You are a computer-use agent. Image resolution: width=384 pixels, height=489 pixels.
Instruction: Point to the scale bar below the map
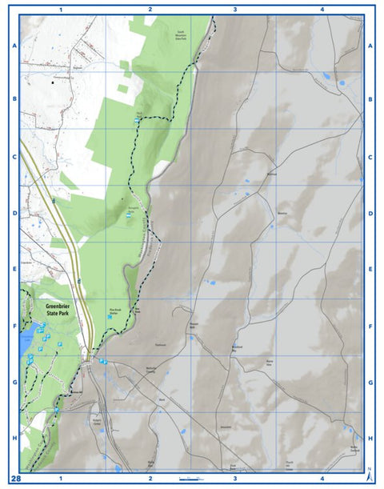[195, 478]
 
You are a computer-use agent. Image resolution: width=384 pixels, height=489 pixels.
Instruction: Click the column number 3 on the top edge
[234, 9]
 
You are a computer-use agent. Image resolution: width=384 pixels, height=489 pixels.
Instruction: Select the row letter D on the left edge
[14, 214]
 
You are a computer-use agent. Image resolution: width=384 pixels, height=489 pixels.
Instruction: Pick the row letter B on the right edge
[370, 100]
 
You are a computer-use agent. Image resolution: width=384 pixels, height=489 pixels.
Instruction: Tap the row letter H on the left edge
[14, 439]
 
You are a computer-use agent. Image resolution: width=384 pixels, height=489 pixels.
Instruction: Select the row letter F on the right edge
[370, 327]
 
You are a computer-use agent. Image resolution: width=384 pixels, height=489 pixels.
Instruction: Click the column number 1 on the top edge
[61, 9]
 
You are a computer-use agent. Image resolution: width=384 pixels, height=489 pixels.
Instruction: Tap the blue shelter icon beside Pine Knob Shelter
[109, 318]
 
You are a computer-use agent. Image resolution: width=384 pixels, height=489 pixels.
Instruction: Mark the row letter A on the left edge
[14, 46]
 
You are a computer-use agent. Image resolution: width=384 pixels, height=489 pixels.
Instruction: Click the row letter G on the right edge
[370, 383]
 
